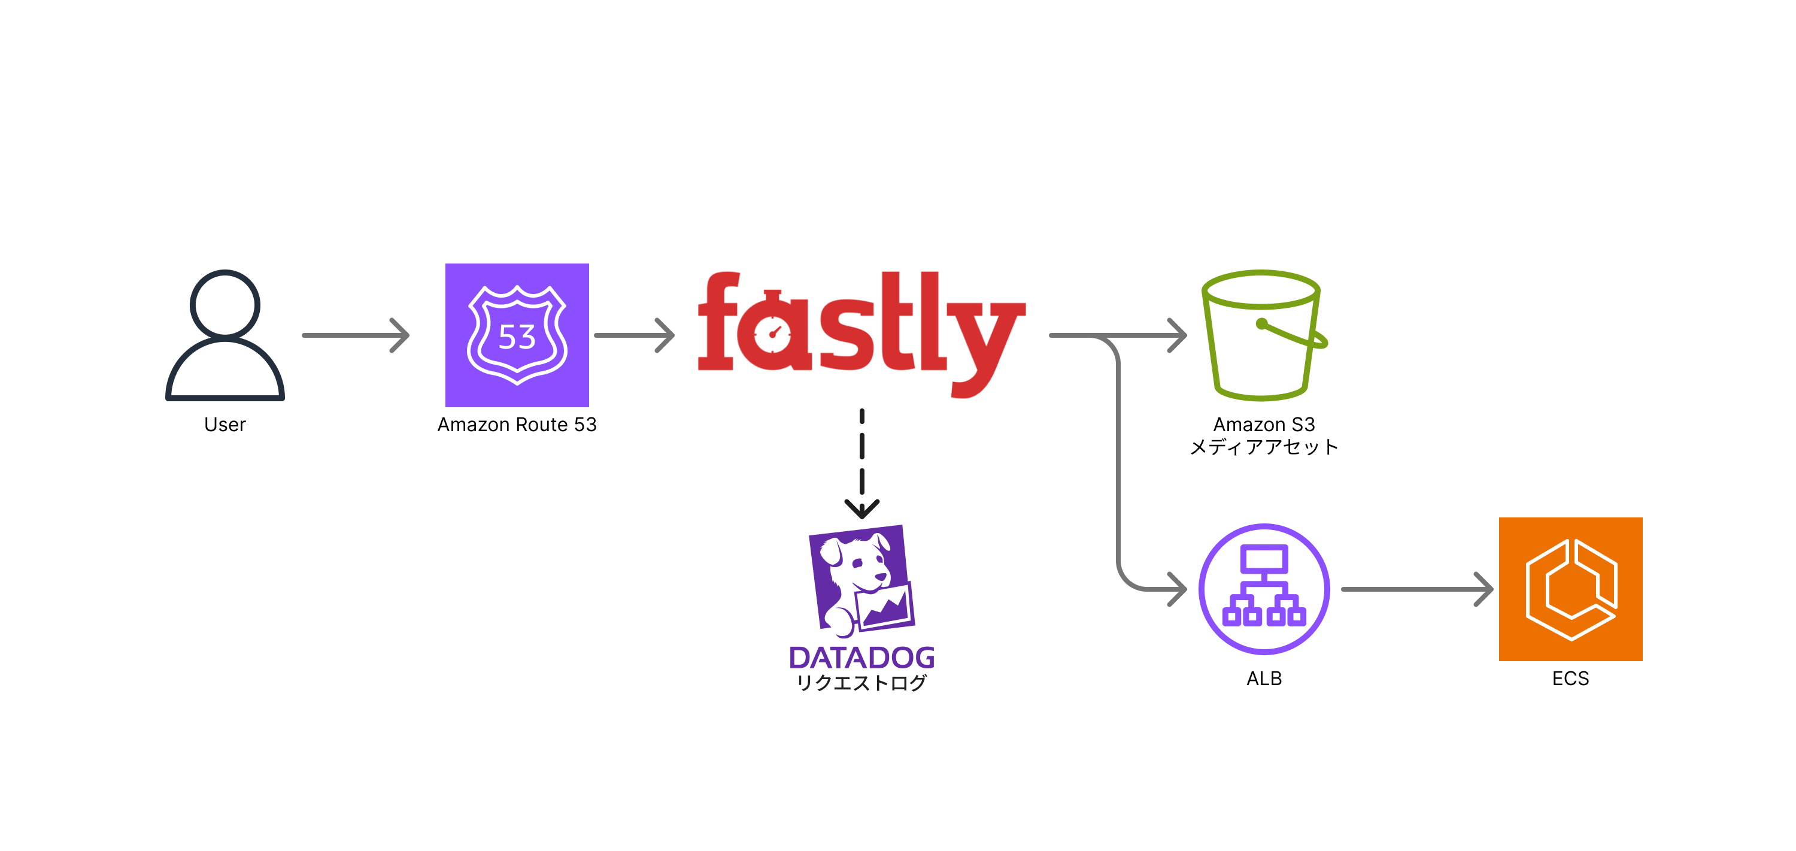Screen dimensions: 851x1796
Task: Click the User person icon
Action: tap(224, 335)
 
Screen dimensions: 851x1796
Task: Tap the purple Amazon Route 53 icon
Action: tap(517, 335)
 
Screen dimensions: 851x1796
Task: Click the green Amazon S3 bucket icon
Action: tap(1263, 335)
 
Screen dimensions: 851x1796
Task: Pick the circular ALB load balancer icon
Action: tap(1263, 589)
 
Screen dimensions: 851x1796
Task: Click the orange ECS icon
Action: tap(1570, 589)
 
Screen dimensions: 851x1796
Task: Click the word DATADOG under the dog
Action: tap(861, 658)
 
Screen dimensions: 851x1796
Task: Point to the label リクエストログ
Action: tap(861, 683)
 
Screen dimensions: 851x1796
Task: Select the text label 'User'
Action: tap(224, 425)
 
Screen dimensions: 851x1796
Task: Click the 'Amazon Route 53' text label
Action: tap(517, 425)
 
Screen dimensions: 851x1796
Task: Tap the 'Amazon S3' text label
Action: tap(1263, 424)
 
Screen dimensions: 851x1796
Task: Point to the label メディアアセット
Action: tap(1263, 447)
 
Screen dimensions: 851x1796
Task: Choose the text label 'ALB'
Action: tap(1263, 679)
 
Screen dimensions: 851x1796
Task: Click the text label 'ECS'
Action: tap(1570, 679)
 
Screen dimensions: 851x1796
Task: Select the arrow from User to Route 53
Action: tap(355, 335)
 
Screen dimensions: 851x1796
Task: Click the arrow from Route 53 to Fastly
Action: tap(633, 335)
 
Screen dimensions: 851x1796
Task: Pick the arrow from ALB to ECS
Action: tap(1415, 589)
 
